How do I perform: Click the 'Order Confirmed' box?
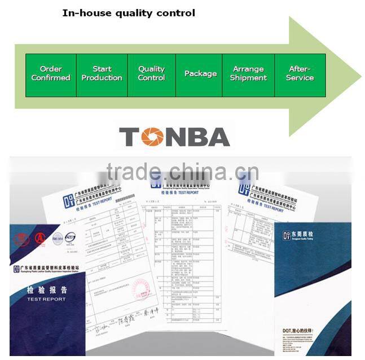[51, 74]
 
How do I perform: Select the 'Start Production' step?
[102, 74]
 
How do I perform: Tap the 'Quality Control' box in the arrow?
[151, 74]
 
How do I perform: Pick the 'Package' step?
[200, 74]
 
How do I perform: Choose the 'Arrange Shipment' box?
[248, 74]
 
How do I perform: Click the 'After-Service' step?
[300, 74]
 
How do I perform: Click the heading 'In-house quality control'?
[129, 12]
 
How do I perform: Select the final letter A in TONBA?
[217, 137]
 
